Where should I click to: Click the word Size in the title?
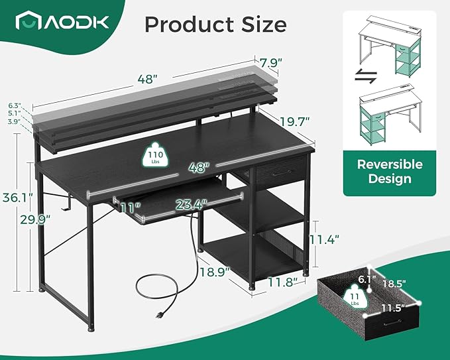point(264,24)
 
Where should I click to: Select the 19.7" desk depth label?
point(295,121)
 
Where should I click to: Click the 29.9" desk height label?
point(35,219)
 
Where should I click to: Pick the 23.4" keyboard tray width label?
point(191,205)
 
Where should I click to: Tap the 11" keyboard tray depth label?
point(131,208)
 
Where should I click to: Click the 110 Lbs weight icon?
point(155,156)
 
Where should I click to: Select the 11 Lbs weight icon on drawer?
point(355,298)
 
